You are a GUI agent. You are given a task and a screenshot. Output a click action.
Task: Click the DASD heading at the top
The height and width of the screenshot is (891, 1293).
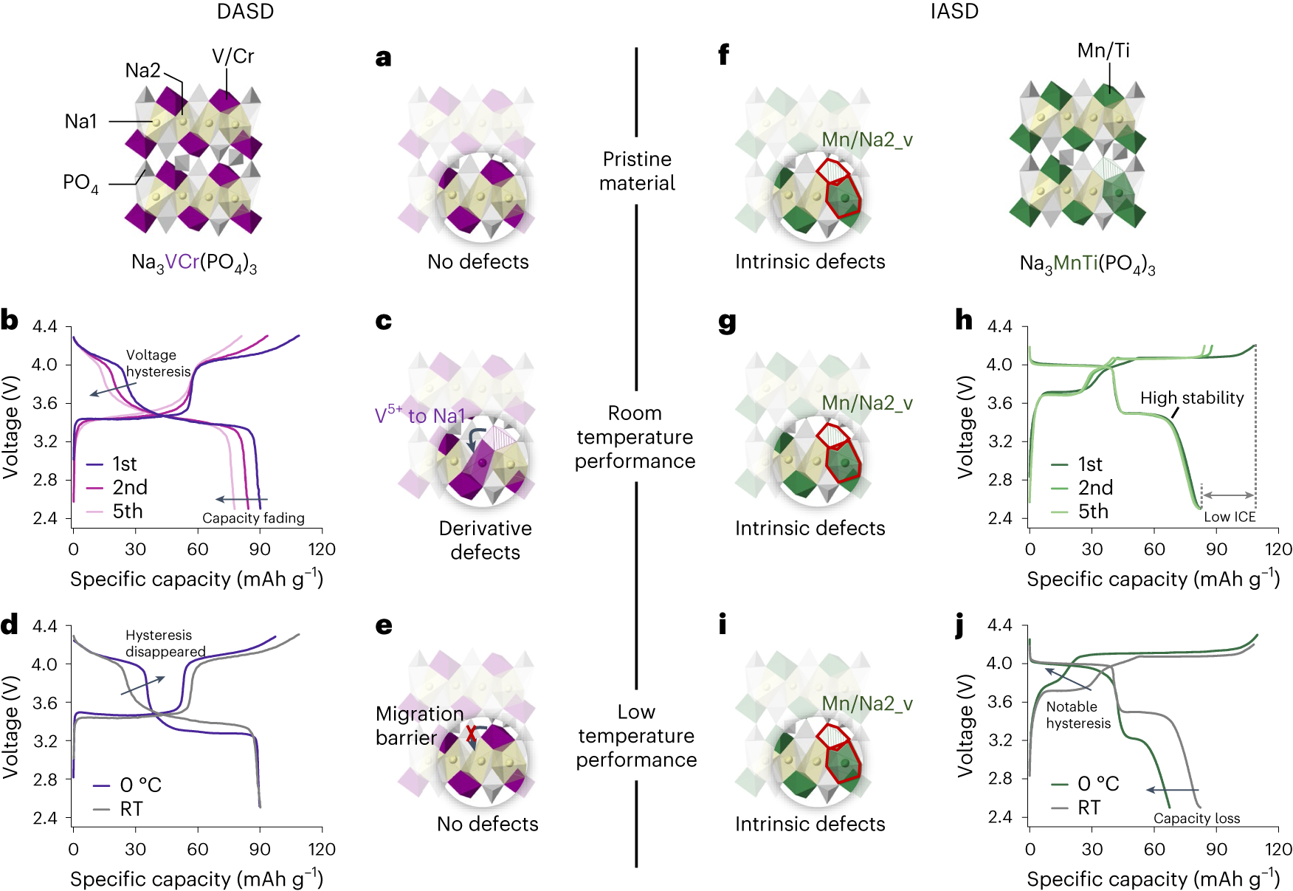click(x=245, y=12)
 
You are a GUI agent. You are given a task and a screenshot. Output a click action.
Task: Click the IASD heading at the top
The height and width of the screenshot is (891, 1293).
click(x=954, y=12)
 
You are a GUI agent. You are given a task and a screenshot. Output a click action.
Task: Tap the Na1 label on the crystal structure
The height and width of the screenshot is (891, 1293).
click(x=80, y=121)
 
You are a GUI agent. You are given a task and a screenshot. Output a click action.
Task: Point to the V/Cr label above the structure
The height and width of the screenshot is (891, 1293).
click(x=232, y=56)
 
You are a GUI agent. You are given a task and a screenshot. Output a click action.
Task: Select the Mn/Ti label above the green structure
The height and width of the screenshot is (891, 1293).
click(x=1103, y=50)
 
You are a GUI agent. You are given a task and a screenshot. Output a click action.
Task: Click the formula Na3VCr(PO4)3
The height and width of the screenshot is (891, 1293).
click(x=194, y=263)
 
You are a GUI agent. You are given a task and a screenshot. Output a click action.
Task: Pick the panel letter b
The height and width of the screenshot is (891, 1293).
click(x=10, y=320)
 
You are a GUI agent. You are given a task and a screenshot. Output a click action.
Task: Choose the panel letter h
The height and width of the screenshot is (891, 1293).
click(x=964, y=320)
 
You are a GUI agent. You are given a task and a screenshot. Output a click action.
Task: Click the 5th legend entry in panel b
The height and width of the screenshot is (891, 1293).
click(x=127, y=511)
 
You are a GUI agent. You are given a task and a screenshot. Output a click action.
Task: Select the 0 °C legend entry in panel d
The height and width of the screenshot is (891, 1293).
click(x=140, y=785)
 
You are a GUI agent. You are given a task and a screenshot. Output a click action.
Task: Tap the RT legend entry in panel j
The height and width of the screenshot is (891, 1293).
click(x=1089, y=808)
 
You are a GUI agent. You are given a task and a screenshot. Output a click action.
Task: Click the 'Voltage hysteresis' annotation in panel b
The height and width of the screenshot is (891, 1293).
click(x=157, y=363)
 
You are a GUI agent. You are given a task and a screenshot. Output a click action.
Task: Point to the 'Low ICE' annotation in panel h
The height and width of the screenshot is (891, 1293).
click(x=1230, y=517)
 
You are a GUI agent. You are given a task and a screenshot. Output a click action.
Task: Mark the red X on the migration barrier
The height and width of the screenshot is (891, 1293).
click(x=471, y=734)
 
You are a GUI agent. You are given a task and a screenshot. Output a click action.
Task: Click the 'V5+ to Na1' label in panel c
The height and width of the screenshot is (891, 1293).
click(x=420, y=416)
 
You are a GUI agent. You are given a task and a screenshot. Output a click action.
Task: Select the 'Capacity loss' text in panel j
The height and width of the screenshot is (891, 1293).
click(x=1196, y=818)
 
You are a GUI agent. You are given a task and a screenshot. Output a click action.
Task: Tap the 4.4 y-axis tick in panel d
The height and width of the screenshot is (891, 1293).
click(x=44, y=626)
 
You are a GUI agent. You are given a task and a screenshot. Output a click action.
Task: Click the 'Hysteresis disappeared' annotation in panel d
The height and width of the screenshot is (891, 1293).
click(x=165, y=643)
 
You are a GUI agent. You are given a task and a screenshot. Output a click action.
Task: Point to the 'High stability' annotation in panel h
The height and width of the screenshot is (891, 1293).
click(x=1191, y=398)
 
